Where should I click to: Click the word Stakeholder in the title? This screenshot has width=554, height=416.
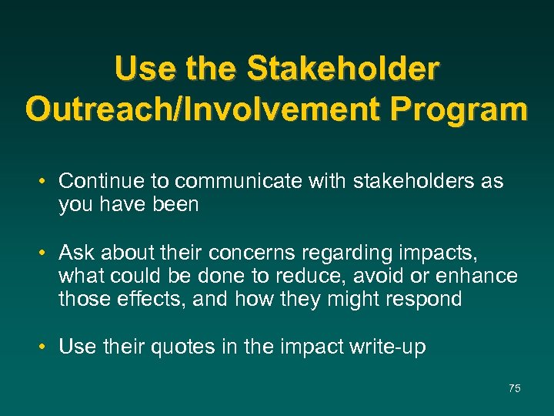point(343,69)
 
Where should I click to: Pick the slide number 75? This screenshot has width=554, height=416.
point(514,389)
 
